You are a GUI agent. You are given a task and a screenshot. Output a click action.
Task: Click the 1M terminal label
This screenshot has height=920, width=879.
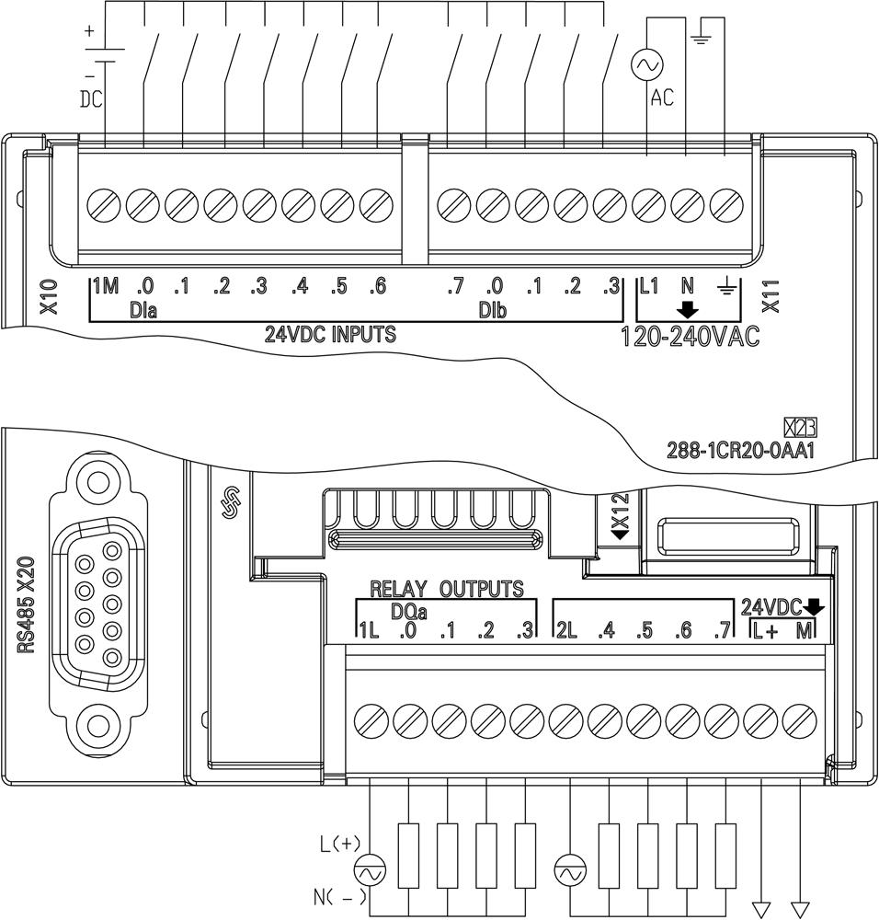point(106,287)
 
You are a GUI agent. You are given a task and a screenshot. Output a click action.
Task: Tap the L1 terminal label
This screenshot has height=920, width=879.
point(649,287)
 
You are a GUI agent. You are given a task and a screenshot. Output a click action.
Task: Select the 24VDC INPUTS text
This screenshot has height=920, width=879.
point(330,335)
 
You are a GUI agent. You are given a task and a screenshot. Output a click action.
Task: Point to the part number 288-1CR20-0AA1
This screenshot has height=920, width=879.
point(742,452)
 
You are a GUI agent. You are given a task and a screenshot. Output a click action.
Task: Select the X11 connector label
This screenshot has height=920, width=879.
point(771,296)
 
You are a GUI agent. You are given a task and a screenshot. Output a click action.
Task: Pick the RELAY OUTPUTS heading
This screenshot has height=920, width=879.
point(446,589)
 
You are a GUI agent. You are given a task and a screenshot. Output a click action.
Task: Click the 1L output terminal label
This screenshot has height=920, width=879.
point(368,631)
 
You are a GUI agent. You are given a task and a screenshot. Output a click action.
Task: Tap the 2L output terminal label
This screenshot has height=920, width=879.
point(566,631)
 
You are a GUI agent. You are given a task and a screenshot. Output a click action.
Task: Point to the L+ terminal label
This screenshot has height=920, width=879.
point(765,631)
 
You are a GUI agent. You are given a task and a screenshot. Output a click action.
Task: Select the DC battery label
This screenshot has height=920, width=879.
point(91,99)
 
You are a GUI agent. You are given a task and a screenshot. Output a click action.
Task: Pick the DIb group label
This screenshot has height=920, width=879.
point(492,311)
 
